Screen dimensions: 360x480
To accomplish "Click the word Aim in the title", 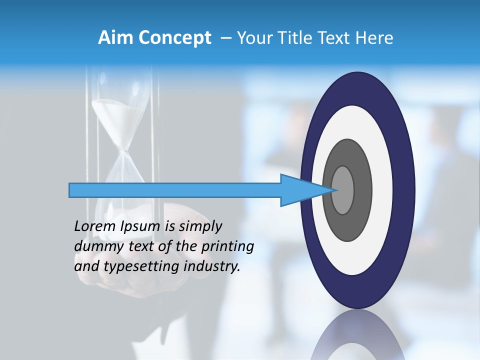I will click(x=115, y=38).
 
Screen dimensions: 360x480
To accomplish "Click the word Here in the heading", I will click(x=374, y=38).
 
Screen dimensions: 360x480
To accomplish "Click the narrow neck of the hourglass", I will click(x=123, y=149).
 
